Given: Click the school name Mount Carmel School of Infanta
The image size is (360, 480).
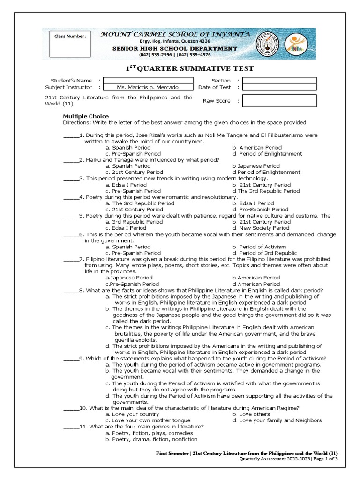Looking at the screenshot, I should tap(176, 34).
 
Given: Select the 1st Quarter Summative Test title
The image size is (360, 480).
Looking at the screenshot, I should tap(189, 69).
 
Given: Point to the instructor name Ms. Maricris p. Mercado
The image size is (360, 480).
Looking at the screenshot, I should tap(148, 87).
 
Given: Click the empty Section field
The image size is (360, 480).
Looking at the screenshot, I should tap(279, 81).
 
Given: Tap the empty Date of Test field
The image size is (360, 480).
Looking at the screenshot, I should tap(279, 87).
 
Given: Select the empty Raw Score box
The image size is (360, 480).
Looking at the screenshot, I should tap(279, 100).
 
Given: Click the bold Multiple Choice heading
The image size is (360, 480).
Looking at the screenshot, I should tap(86, 116).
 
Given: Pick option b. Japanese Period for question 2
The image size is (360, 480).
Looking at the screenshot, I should tap(256, 166).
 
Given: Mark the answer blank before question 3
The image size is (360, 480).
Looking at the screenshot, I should tap(70, 179).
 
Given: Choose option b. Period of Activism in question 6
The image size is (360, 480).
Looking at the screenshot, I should tap(259, 247).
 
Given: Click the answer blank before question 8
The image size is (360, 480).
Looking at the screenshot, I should tap(70, 290).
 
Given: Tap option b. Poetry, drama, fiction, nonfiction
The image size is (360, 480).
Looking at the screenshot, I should tap(151, 439).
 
